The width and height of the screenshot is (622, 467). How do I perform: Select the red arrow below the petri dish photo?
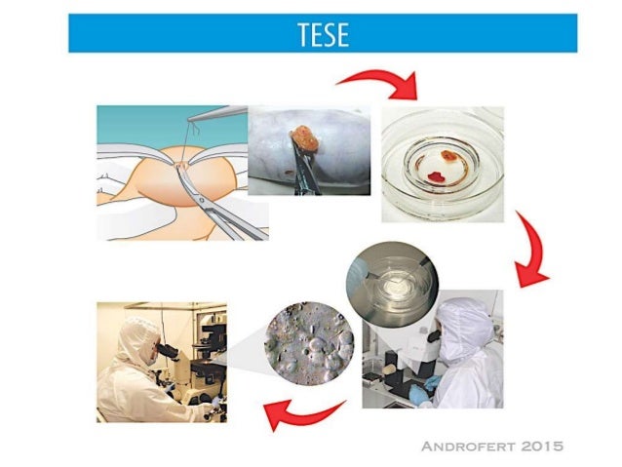tap(534, 256)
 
